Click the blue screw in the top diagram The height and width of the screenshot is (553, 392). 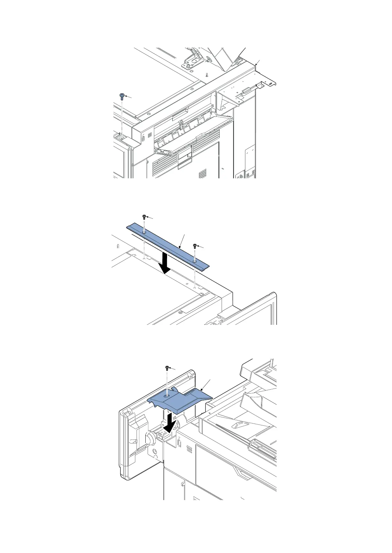(x=122, y=96)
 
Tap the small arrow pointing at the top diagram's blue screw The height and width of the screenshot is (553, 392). (x=129, y=98)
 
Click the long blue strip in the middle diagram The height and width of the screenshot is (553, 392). (x=168, y=245)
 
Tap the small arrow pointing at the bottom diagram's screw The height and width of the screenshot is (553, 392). (x=174, y=369)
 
